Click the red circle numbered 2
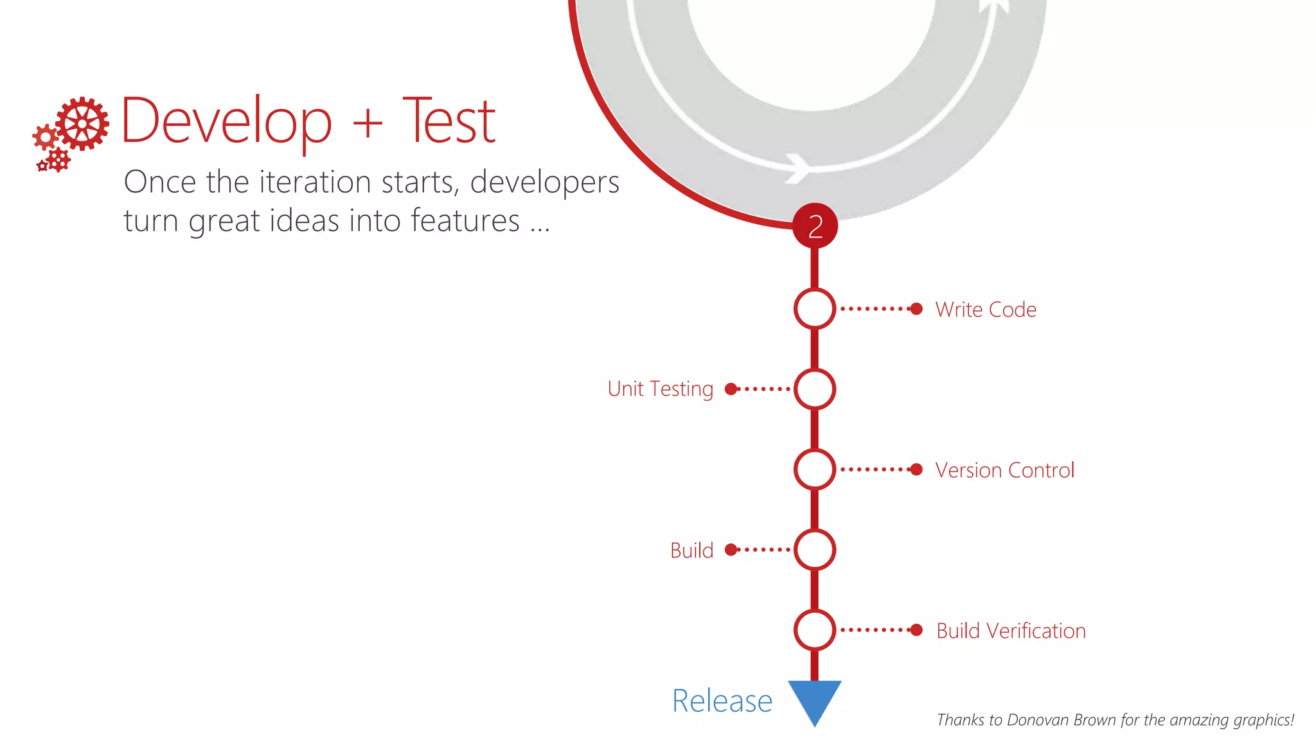click(815, 226)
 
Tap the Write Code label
click(986, 310)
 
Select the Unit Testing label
click(661, 389)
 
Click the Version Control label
click(1004, 470)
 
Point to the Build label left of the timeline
click(691, 551)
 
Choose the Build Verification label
click(1011, 631)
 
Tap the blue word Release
click(722, 701)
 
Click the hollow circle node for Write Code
click(814, 309)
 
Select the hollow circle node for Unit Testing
click(814, 389)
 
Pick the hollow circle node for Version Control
click(814, 470)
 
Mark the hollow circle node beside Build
click(814, 550)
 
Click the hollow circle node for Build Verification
click(814, 630)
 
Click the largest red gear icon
click(82, 123)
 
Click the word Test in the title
click(449, 121)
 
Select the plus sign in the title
click(368, 122)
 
